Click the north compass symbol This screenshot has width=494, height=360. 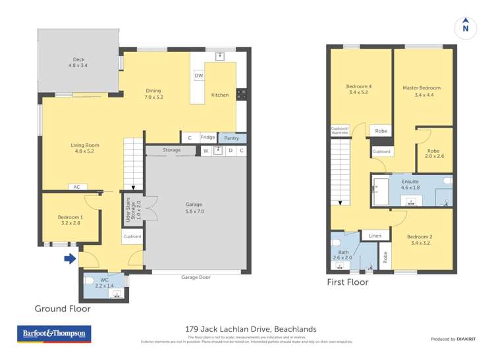click(x=466, y=26)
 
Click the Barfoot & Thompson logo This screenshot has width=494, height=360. click(x=54, y=334)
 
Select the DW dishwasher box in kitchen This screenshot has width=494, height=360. click(x=198, y=76)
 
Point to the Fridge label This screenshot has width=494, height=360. click(x=207, y=138)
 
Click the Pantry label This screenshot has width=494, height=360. click(x=231, y=138)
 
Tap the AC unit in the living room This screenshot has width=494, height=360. click(x=76, y=187)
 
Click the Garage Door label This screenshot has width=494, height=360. click(x=196, y=277)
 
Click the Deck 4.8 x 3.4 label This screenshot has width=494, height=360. click(x=78, y=63)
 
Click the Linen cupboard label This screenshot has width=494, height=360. click(x=375, y=235)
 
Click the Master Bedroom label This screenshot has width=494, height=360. click(x=422, y=91)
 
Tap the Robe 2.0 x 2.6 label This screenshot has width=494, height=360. click(x=435, y=153)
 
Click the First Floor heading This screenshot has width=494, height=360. click(x=348, y=282)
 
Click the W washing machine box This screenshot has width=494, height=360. click(x=206, y=151)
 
